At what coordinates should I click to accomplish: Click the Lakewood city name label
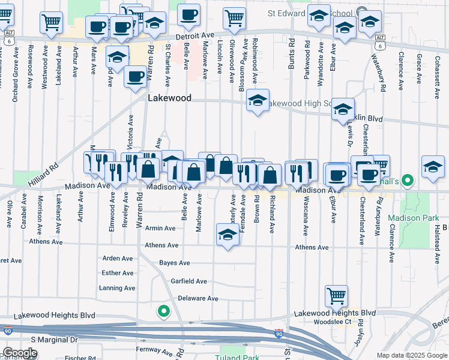click(170, 98)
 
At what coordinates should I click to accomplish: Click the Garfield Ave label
click(188, 281)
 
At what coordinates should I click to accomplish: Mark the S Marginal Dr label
click(55, 340)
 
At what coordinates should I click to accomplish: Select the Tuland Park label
click(236, 358)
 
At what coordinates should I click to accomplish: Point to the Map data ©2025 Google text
click(412, 355)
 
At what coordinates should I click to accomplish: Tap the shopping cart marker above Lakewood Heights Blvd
click(336, 295)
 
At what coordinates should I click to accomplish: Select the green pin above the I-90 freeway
click(163, 311)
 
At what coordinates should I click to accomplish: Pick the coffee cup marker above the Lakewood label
click(135, 76)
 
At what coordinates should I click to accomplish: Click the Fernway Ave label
click(150, 349)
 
